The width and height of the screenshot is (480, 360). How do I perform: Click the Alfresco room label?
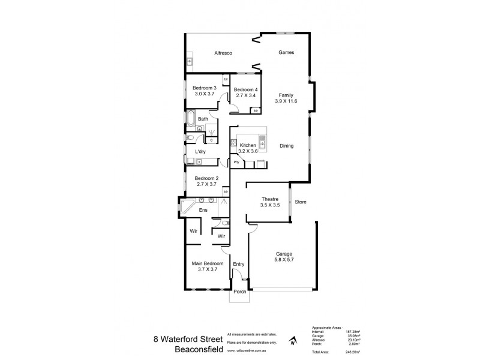tap(223, 53)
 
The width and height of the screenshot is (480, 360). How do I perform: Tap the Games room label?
tap(286, 53)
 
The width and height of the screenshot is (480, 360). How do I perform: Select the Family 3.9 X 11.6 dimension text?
tap(286, 103)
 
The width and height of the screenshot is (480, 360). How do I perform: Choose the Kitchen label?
tap(248, 145)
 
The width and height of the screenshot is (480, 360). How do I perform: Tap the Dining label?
tap(286, 145)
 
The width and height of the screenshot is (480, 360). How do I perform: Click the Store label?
tap(300, 202)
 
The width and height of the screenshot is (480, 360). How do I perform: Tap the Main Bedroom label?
tap(208, 263)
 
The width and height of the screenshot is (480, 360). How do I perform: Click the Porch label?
tap(239, 292)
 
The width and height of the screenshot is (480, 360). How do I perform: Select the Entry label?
tap(238, 264)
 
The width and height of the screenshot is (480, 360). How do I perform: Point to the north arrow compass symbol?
tap(292, 341)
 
